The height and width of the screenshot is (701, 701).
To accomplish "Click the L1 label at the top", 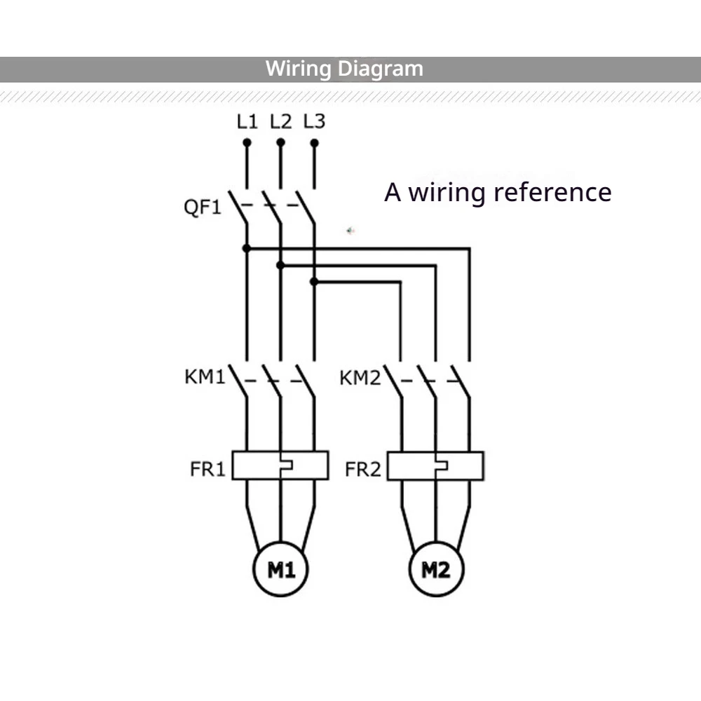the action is point(247,121).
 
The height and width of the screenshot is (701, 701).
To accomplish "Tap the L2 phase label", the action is point(281,121).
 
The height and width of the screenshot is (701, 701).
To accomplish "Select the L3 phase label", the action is point(314,121).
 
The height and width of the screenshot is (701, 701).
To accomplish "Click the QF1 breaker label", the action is point(203,207).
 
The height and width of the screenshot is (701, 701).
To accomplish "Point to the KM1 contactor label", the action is point(205,376).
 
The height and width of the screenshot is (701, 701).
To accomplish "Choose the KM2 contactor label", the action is point(360,378).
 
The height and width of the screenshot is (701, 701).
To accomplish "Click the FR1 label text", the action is point(208,469).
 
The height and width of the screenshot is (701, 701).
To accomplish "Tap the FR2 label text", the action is point(362,470).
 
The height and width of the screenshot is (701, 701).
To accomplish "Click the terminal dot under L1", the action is point(247,142).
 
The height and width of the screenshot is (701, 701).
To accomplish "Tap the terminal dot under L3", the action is point(314,142).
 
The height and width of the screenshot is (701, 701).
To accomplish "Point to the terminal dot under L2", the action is point(280,142).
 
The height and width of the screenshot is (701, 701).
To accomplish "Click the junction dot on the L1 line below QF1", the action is point(246,248).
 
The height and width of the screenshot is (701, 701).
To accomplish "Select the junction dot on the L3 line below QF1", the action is point(314,282).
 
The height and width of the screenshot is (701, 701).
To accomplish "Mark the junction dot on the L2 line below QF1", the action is point(280,265).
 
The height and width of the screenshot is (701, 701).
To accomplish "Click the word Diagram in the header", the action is point(380,69).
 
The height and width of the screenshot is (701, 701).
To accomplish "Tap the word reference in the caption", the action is point(552,192).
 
